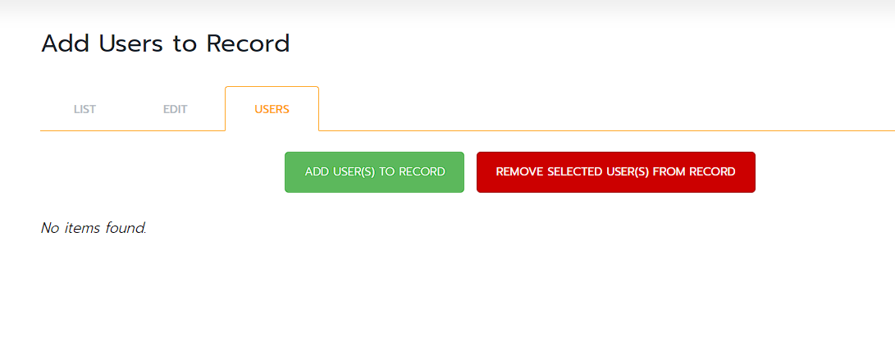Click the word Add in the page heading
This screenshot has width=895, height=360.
pyautogui.click(x=66, y=44)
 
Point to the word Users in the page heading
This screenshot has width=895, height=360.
pyautogui.click(x=130, y=44)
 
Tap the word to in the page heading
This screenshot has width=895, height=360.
pyautogui.click(x=185, y=44)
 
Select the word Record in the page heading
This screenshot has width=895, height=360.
pyautogui.click(x=249, y=44)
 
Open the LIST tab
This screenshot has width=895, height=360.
pyautogui.click(x=85, y=110)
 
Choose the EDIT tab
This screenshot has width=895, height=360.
pyautogui.click(x=176, y=110)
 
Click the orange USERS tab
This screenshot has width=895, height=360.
pyautogui.click(x=272, y=110)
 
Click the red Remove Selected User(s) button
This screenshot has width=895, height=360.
pyautogui.click(x=616, y=171)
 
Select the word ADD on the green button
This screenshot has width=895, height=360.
pyautogui.click(x=315, y=171)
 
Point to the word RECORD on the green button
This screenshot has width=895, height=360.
pyautogui.click(x=422, y=171)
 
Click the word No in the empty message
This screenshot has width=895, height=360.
pyautogui.click(x=48, y=228)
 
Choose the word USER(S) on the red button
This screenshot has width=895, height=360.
pyautogui.click(x=626, y=171)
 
